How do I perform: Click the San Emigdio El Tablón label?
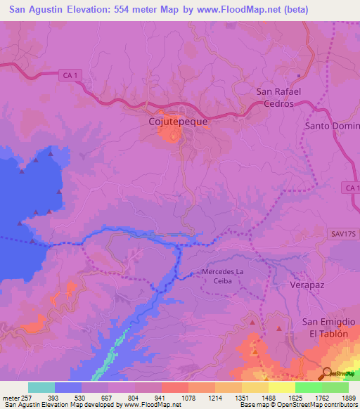pos(325,327)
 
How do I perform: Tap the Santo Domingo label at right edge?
pos(332,126)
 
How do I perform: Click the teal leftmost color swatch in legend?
pos(41,387)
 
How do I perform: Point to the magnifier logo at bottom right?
pos(328,373)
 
